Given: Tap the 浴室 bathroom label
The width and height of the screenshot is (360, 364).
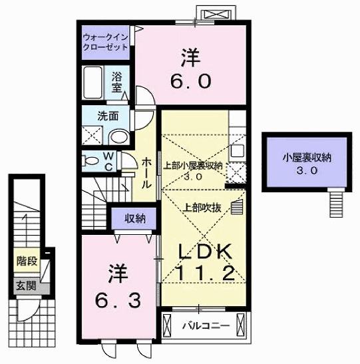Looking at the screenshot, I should pyautogui.click(x=117, y=82).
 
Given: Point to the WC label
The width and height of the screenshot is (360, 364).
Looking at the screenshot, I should pyautogui.click(x=108, y=162).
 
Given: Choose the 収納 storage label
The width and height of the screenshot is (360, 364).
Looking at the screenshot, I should pyautogui.click(x=135, y=218).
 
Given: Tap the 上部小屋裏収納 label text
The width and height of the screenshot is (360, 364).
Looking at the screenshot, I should pyautogui.click(x=193, y=166).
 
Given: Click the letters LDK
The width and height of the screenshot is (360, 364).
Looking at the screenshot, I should pyautogui.click(x=206, y=250).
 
